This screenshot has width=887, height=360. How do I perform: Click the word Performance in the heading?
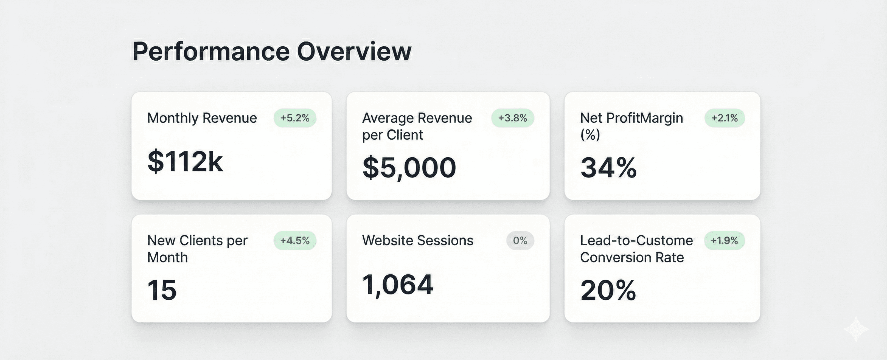point(211,52)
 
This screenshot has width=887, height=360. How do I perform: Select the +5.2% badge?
point(295,118)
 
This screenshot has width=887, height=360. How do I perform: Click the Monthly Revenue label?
point(202,118)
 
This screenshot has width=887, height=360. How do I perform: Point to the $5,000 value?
point(409,168)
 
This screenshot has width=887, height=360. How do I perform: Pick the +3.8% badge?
point(512,118)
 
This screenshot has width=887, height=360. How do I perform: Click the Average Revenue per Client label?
point(417,126)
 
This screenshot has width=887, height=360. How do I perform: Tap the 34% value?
point(608,168)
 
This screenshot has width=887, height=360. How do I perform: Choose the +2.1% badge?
point(725,118)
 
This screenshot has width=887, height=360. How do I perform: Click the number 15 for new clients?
point(162,290)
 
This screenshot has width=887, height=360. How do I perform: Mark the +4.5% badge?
point(295,241)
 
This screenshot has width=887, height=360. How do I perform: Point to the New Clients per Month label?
point(197,249)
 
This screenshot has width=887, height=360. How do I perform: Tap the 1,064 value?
point(397,285)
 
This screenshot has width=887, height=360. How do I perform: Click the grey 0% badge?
point(520,241)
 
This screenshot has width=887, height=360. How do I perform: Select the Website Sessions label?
point(417,241)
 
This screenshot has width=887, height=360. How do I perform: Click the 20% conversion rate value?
point(608,290)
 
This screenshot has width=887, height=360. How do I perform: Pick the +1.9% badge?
point(725,241)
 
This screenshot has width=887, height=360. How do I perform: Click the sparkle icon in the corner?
point(856,329)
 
